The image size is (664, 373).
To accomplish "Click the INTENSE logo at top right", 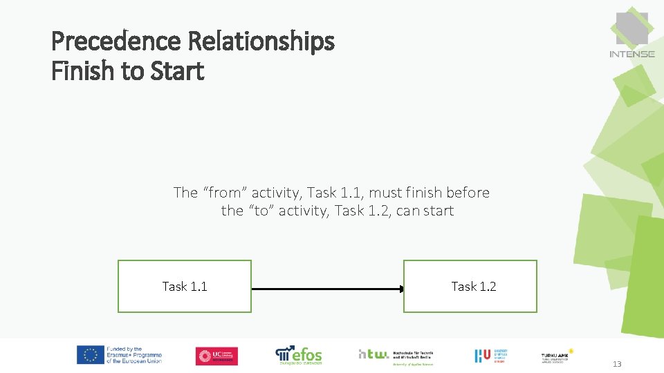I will [631, 34].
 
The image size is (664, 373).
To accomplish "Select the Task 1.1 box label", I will [185, 287].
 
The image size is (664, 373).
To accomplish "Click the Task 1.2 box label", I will [473, 287].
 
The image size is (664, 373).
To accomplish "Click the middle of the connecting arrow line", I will [326, 289].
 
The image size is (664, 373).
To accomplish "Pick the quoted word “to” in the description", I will [257, 211].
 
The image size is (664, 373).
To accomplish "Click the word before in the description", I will [468, 193].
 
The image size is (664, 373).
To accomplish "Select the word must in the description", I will [385, 193].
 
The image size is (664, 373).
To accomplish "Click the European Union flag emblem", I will [90, 355].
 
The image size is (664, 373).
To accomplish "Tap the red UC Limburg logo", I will [216, 356].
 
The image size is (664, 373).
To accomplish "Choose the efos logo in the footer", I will [299, 354].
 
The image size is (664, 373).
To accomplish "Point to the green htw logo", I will [373, 354].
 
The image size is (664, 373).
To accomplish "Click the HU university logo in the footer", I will [482, 356].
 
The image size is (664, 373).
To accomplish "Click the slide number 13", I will [617, 364].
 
